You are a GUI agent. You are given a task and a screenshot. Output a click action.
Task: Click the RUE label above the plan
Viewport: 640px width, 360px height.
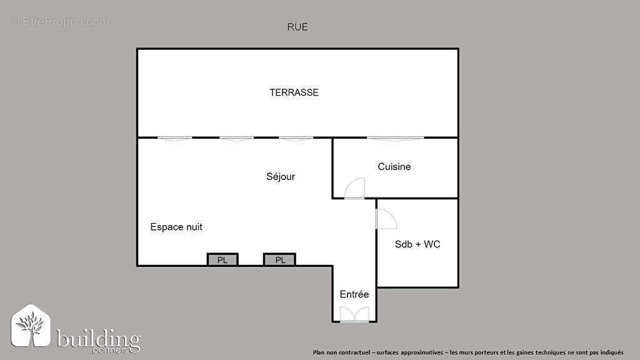(297, 27)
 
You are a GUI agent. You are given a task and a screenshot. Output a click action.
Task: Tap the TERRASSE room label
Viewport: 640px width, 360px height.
(294, 92)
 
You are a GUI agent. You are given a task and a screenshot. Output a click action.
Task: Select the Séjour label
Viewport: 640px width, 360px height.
(281, 177)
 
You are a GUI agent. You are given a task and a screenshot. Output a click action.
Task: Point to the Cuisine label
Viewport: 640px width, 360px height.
(394, 167)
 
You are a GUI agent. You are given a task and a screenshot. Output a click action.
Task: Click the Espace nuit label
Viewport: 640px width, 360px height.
(176, 227)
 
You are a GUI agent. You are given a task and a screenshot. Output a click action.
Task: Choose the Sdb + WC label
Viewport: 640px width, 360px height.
(417, 244)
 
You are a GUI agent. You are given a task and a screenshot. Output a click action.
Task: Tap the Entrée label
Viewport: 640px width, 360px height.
(354, 294)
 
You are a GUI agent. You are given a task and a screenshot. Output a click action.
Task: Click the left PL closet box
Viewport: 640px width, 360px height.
(222, 260)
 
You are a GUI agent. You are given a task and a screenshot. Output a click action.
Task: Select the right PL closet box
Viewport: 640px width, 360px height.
(279, 260)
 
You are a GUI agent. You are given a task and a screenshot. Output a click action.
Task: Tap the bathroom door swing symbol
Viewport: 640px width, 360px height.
(385, 219)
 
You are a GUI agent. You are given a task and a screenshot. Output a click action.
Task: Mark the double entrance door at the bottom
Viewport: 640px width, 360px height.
(354, 315)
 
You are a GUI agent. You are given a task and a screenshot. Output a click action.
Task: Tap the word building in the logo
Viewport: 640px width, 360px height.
(98, 339)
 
